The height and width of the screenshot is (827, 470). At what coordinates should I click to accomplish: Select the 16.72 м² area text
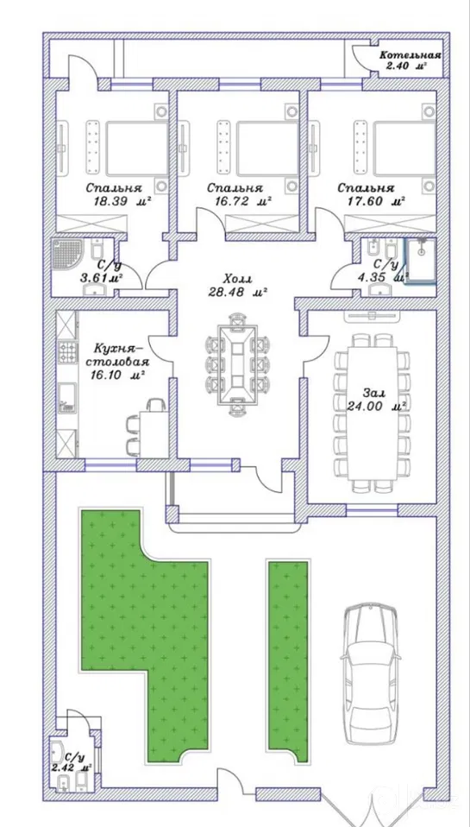tap(243, 200)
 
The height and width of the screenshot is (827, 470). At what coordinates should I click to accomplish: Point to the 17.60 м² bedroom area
tap(376, 200)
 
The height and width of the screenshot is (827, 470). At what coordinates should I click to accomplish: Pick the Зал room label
tap(373, 393)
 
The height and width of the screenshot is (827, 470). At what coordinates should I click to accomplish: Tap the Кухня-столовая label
tap(121, 356)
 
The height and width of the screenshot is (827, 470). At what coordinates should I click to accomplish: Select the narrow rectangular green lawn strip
tap(288, 661)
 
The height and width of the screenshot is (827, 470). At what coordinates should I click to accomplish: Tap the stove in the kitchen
tap(67, 353)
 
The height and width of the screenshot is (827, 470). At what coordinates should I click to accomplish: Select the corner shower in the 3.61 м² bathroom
tap(67, 256)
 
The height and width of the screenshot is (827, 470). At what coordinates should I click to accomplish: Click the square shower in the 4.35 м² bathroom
tap(421, 261)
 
